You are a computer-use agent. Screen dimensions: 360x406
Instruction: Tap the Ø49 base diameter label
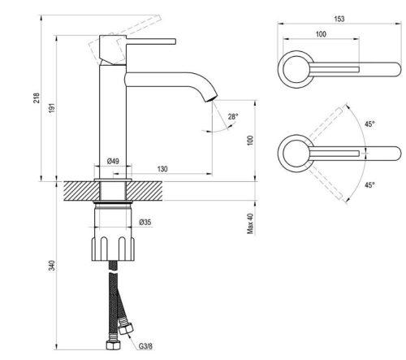tap(114, 161)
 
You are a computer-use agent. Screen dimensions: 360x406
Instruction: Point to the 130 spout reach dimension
tap(162, 169)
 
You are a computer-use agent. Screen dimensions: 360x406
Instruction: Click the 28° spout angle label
tap(233, 117)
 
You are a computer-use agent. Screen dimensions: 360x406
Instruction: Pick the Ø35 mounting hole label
tap(145, 222)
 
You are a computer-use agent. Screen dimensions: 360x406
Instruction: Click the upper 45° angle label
tap(369, 124)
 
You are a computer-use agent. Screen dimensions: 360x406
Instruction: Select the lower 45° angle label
tap(369, 185)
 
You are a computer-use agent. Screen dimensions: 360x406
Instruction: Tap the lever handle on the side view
tap(146, 39)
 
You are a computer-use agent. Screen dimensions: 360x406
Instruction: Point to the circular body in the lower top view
tap(292, 152)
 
